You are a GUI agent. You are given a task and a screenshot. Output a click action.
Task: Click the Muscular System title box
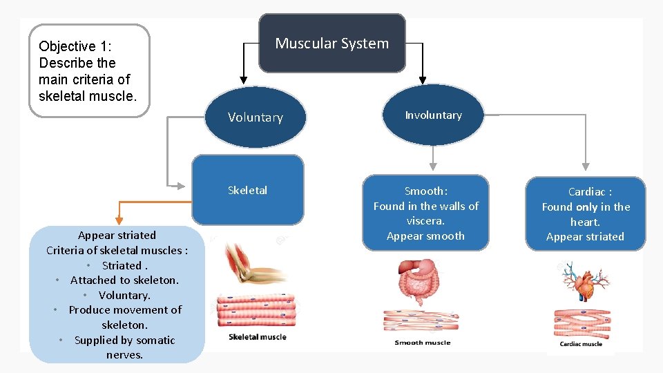tap(331, 44)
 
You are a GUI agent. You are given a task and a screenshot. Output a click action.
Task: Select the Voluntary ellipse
tap(256, 117)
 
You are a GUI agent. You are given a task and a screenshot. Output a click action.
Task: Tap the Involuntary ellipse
tap(433, 115)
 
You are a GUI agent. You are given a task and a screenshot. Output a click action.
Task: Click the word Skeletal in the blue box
tap(247, 191)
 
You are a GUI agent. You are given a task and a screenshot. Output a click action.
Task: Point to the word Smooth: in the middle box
tap(425, 191)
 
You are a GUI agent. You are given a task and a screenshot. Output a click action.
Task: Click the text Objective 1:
tap(75, 46)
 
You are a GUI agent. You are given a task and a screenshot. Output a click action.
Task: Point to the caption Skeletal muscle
tap(257, 337)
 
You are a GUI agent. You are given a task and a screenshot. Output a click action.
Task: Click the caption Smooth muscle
tap(422, 343)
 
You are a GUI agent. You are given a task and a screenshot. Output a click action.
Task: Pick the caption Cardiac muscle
tap(580, 344)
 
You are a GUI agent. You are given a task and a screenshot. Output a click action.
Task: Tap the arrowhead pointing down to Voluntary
tap(242, 79)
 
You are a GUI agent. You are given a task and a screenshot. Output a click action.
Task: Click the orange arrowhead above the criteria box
tap(119, 220)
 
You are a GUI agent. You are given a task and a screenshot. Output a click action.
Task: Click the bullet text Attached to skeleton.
tap(124, 280)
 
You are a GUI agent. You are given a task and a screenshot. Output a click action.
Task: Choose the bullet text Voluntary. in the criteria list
tap(124, 295)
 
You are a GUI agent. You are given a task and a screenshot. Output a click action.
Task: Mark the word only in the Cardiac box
tap(587, 207)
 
